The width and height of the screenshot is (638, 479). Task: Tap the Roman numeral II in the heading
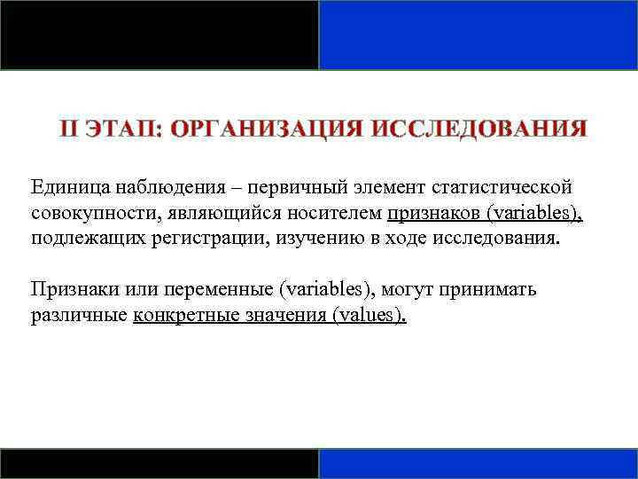pyautogui.click(x=71, y=130)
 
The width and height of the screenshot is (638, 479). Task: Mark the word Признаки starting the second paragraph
pyautogui.click(x=68, y=290)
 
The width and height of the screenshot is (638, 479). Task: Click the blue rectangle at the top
pyautogui.click(x=478, y=35)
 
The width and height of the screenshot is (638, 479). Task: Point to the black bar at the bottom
pyautogui.click(x=159, y=463)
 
